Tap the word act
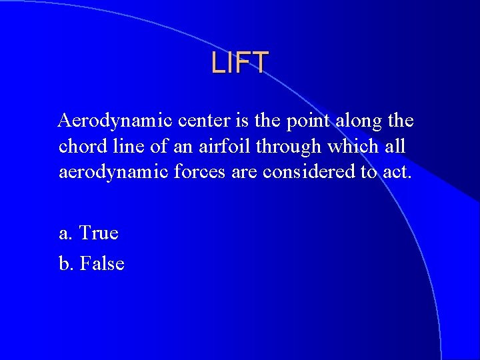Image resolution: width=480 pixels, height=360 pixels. (397, 173)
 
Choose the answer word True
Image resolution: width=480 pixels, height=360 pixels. (99, 233)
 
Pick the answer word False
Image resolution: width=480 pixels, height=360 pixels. (102, 264)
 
